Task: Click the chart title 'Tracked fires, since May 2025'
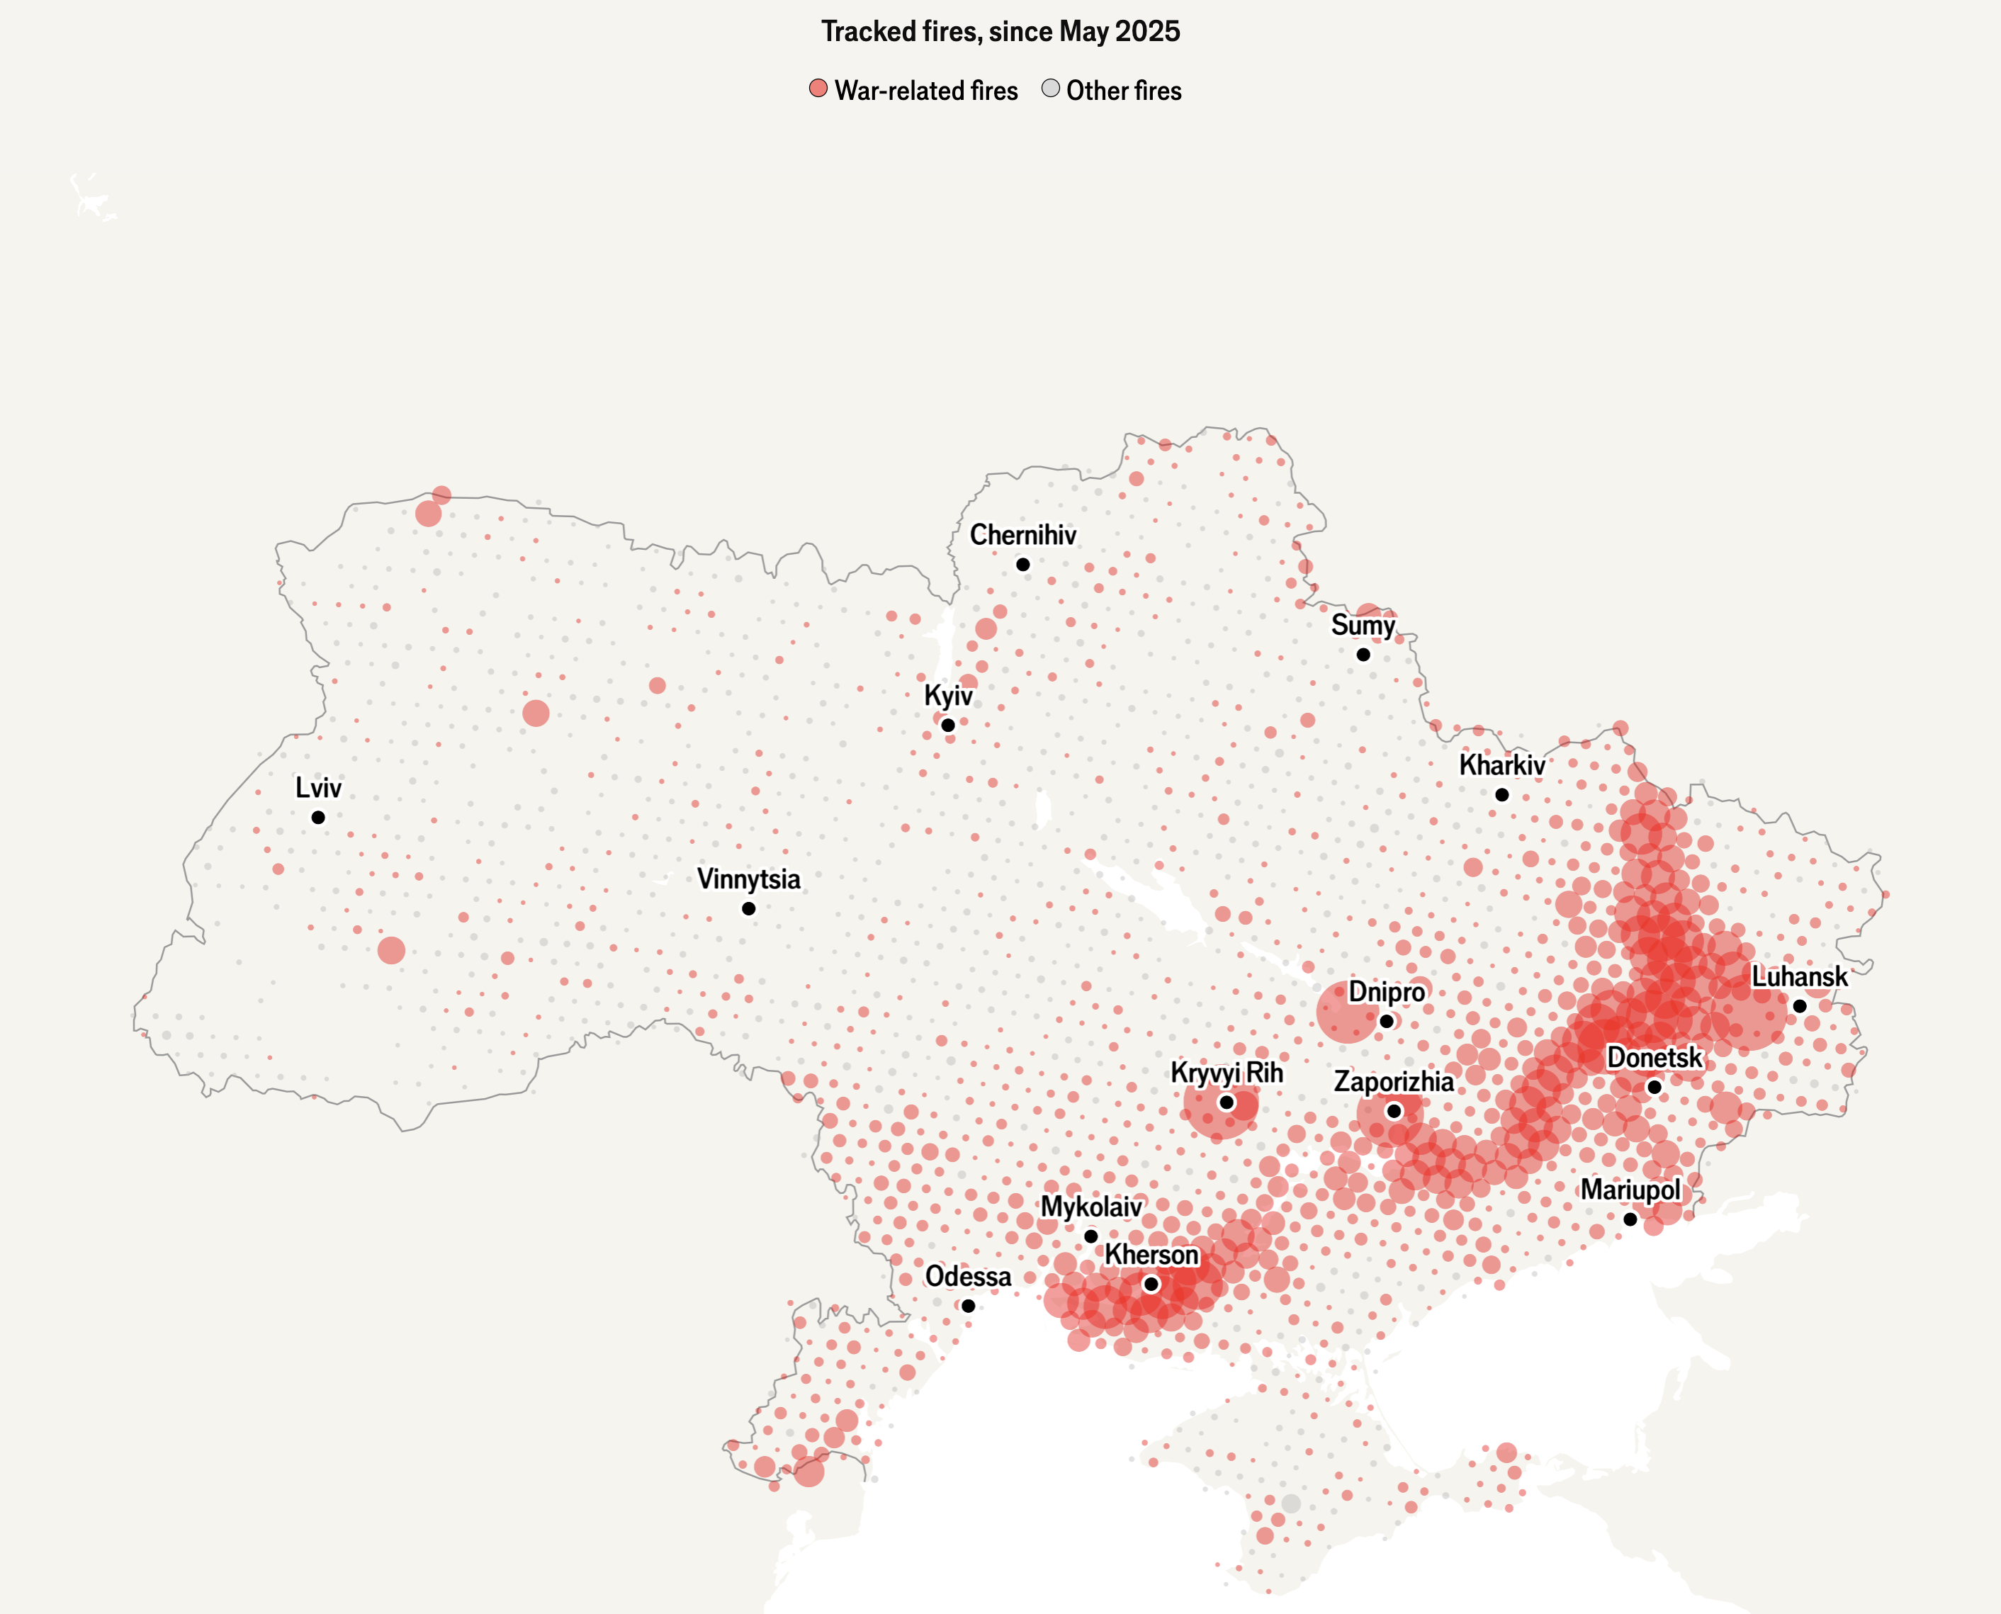1000,32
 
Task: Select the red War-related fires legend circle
818,89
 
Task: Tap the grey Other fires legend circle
1051,89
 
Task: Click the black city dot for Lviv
318,817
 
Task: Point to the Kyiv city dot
947,726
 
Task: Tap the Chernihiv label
1022,536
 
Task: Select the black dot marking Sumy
1363,655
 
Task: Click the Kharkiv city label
1501,765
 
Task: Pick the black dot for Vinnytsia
748,908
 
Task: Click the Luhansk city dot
1800,1006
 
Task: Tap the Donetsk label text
1655,1057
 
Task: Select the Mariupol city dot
1630,1219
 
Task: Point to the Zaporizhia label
1394,1081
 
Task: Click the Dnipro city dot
1387,1021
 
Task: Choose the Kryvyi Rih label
1227,1073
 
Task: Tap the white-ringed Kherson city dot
1151,1284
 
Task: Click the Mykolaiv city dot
1090,1236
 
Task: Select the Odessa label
968,1277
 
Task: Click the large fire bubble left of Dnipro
1346,1012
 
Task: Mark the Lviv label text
318,789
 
